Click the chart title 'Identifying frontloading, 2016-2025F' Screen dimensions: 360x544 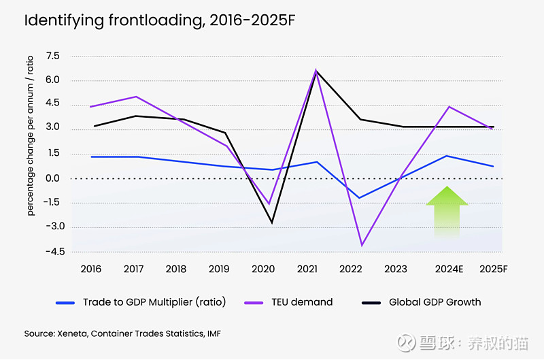pyautogui.click(x=160, y=20)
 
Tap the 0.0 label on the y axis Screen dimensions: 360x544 pyautogui.click(x=52, y=178)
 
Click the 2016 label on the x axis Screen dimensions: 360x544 pyautogui.click(x=90, y=269)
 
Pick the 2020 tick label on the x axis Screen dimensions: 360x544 pyautogui.click(x=263, y=269)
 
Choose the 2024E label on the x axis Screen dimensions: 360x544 pyautogui.click(x=449, y=269)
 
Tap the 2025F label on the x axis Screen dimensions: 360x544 pyautogui.click(x=493, y=269)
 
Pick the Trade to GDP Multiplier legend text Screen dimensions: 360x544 pyautogui.click(x=154, y=301)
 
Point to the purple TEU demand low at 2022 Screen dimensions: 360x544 pyautogui.click(x=362, y=245)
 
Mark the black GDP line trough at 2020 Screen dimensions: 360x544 pyautogui.click(x=272, y=223)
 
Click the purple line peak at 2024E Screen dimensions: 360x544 pyautogui.click(x=449, y=107)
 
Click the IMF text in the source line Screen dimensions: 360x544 pyautogui.click(x=212, y=333)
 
